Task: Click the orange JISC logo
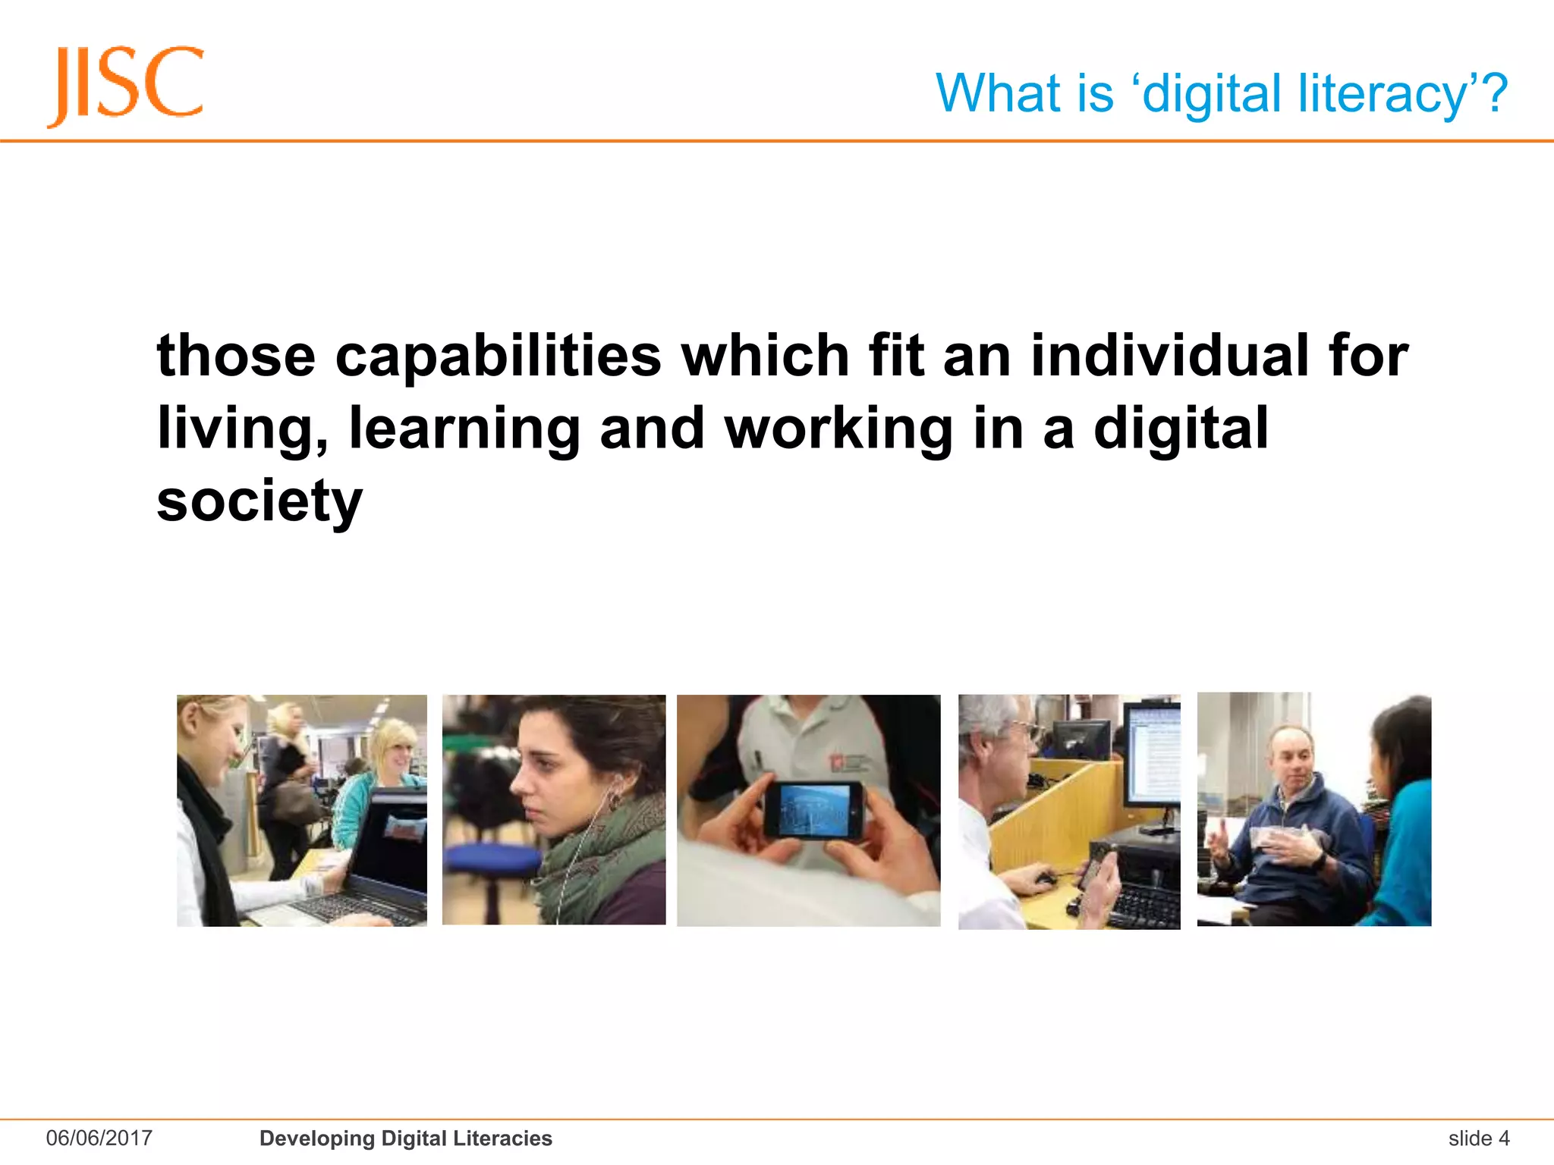(126, 85)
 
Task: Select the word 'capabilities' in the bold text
(498, 356)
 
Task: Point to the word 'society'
(260, 501)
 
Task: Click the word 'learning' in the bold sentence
(464, 429)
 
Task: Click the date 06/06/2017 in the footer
(99, 1138)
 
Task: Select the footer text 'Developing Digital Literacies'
(405, 1138)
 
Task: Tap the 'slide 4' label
(1478, 1138)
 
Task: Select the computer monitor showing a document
(1152, 755)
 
